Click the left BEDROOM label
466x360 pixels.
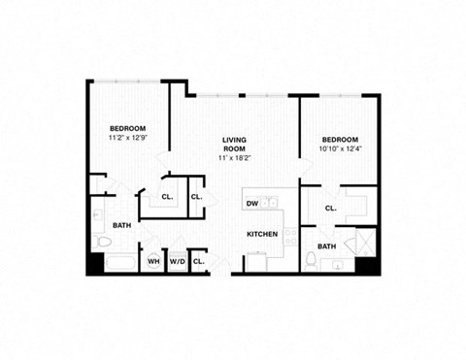click(127, 129)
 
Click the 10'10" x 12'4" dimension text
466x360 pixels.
click(340, 149)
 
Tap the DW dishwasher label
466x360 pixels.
click(251, 204)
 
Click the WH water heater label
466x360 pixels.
click(153, 261)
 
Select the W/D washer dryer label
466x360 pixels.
click(178, 261)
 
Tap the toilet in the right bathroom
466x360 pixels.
click(309, 259)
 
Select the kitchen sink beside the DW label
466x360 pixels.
click(273, 203)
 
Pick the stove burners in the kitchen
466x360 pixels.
click(257, 260)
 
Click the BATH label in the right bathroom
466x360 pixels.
click(327, 246)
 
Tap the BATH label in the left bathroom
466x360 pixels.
click(122, 225)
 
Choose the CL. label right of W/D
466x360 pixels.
click(199, 261)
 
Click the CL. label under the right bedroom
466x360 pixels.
click(330, 208)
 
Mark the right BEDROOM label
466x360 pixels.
click(340, 139)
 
